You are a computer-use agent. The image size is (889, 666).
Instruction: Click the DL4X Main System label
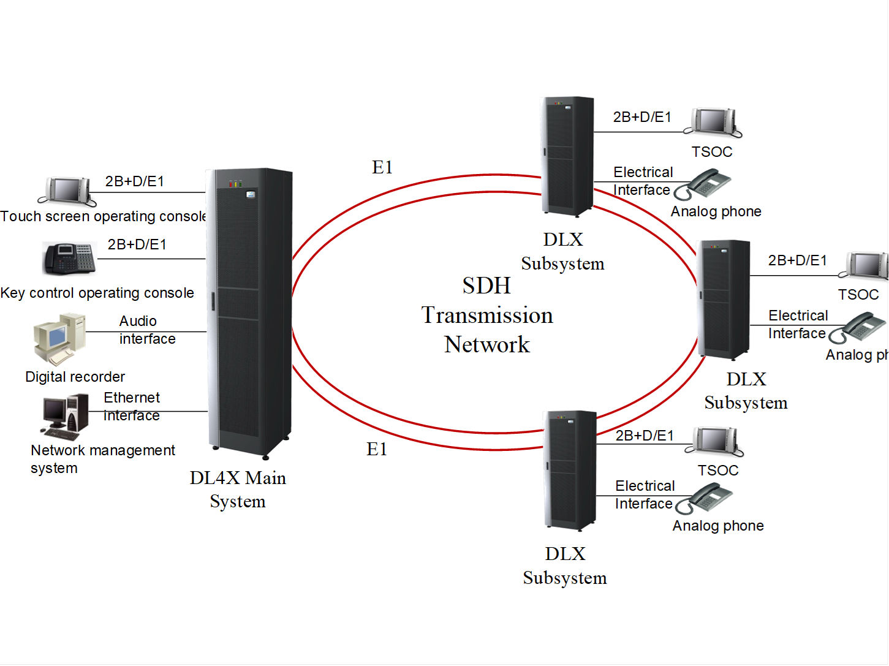click(x=238, y=489)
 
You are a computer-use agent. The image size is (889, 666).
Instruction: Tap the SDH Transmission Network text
click(x=487, y=315)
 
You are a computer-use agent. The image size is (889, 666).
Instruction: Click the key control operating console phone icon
click(x=69, y=259)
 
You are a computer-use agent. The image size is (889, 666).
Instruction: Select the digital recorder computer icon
click(x=59, y=338)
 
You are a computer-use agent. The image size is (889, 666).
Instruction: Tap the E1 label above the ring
click(x=382, y=167)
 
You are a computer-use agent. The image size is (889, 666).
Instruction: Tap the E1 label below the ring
click(x=377, y=449)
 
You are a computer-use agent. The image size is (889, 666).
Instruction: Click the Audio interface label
click(x=147, y=330)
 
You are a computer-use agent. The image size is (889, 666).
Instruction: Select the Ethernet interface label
click(x=132, y=406)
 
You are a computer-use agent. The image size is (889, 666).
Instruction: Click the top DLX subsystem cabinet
click(x=567, y=156)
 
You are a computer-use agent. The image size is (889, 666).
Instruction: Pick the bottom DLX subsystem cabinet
click(x=570, y=470)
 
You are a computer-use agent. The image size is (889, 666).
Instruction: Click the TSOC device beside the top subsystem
click(x=714, y=122)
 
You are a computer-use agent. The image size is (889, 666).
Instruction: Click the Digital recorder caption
click(x=75, y=377)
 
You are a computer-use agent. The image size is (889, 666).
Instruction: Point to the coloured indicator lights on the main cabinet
click(x=235, y=183)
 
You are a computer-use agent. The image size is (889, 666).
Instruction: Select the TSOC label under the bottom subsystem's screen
click(x=718, y=471)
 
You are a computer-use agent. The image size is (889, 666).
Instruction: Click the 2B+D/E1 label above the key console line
click(x=137, y=244)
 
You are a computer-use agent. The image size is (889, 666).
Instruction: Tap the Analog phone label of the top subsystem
click(x=716, y=211)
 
